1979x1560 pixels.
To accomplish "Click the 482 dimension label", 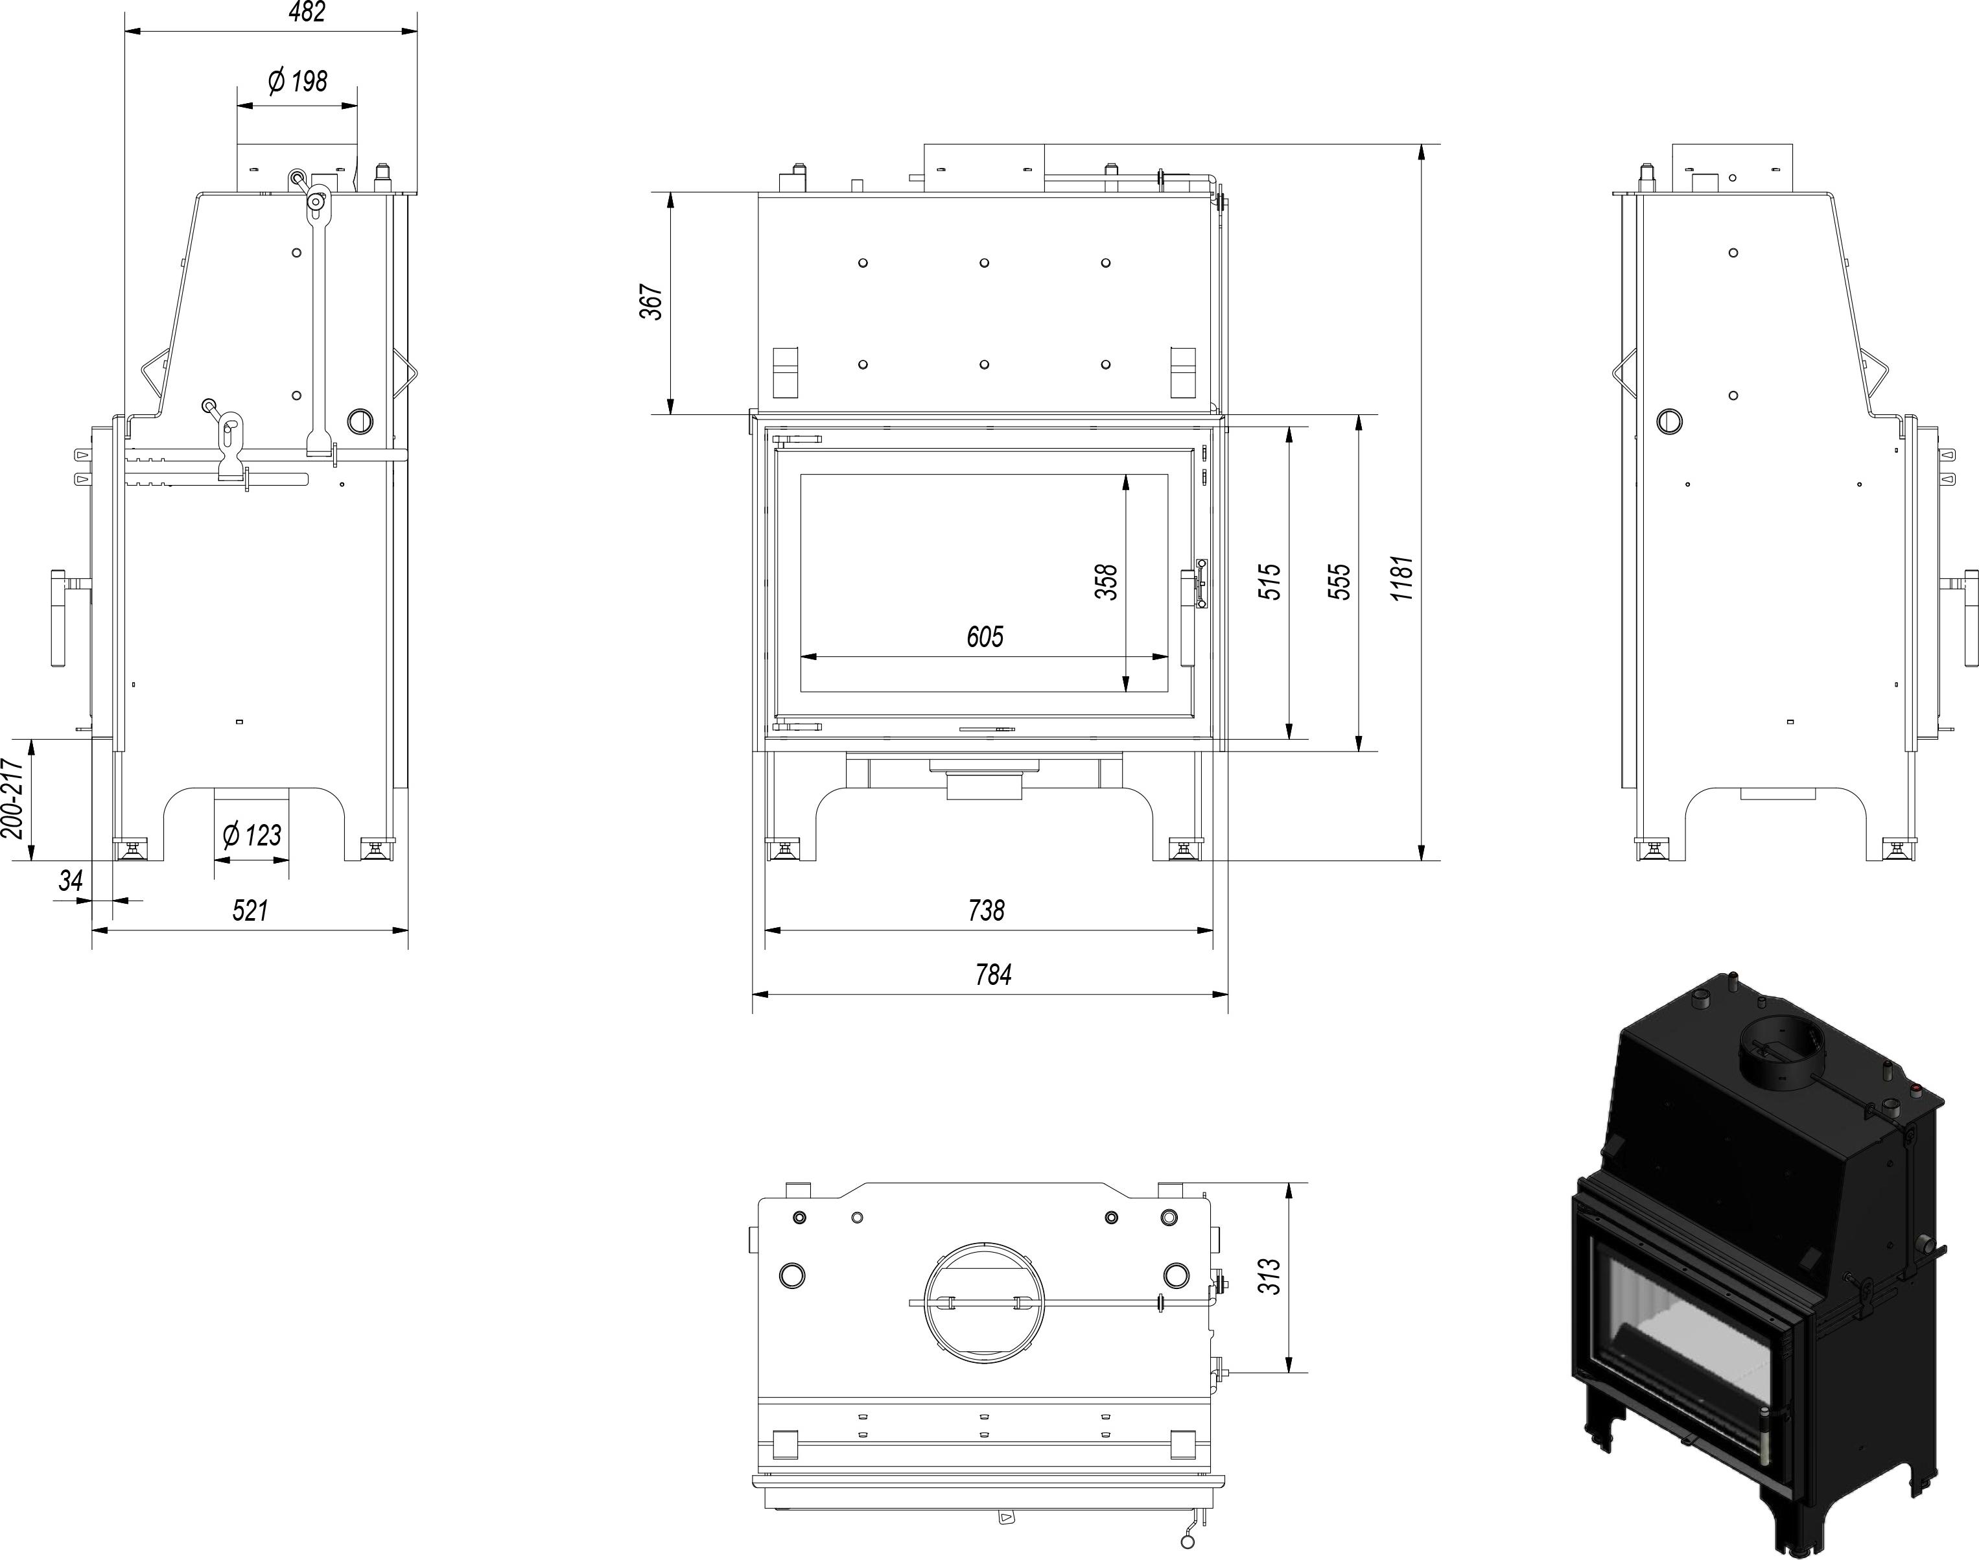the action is point(306,12).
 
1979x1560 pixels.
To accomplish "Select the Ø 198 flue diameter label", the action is point(298,81).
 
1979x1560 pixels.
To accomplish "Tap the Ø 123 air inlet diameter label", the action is point(252,835).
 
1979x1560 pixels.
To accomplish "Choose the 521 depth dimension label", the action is point(250,910).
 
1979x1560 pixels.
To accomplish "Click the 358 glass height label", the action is point(1106,582).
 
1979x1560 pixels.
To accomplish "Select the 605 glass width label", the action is point(985,637).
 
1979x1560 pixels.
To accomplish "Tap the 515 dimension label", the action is point(1271,582).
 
